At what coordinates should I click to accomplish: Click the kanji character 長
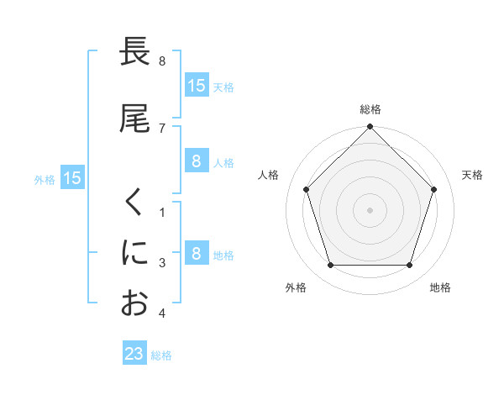click(x=134, y=52)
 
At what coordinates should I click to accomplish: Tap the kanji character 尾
click(x=134, y=118)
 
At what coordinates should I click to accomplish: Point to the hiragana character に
click(x=134, y=252)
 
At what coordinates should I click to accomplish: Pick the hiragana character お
click(x=134, y=303)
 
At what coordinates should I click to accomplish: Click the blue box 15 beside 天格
click(x=196, y=86)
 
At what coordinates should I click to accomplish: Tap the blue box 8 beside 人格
click(x=196, y=161)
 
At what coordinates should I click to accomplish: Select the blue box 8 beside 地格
click(x=196, y=254)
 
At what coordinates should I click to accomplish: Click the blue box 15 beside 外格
click(x=71, y=178)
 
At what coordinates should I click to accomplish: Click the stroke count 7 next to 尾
click(x=162, y=128)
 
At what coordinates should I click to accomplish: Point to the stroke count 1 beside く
click(x=162, y=212)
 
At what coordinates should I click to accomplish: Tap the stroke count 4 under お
click(x=162, y=313)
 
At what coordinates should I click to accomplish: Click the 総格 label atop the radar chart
click(x=370, y=109)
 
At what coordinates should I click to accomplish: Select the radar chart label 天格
click(x=473, y=175)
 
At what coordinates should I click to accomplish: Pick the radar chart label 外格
click(x=296, y=287)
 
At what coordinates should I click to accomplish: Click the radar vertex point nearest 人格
click(x=306, y=189)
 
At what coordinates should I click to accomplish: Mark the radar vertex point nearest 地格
click(x=409, y=266)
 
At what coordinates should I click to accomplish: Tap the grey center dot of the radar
click(x=370, y=209)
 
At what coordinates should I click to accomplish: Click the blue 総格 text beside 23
click(x=161, y=355)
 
